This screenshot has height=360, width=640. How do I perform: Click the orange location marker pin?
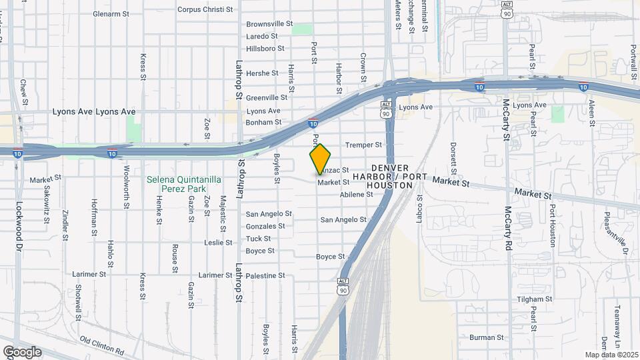tap(320, 159)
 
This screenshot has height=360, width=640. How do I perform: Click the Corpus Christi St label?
tap(205, 10)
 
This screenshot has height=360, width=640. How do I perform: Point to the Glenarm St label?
tap(111, 13)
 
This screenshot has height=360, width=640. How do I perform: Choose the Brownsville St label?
tap(269, 23)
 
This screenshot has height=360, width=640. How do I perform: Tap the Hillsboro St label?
tap(265, 49)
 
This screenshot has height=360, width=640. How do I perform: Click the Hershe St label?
tap(262, 73)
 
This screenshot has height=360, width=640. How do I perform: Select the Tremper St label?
tap(363, 145)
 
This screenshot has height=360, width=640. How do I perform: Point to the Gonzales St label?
tap(266, 226)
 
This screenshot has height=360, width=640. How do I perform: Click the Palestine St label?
tap(265, 275)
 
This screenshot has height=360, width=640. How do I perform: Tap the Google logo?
tap(22, 351)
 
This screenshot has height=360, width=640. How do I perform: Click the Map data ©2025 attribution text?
tap(611, 355)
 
